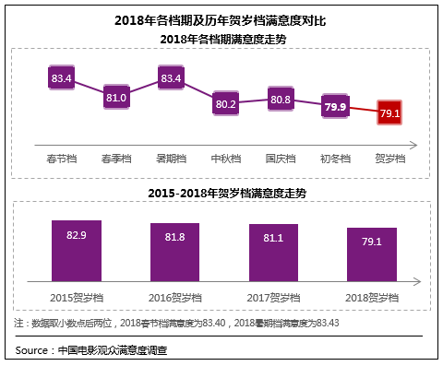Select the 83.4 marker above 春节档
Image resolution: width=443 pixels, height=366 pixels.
pos(62,78)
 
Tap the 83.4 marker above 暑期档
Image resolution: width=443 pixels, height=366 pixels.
pos(171,78)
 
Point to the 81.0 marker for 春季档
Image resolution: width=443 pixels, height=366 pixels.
pos(116,97)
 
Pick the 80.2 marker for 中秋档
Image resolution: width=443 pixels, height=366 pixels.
pos(226,104)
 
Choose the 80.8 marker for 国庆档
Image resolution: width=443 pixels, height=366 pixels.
pos(281,100)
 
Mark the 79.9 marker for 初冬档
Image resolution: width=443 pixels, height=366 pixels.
pos(336,108)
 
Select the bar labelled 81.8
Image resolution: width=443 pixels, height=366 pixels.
pos(175,254)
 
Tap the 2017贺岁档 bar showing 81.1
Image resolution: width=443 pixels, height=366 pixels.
pos(274,255)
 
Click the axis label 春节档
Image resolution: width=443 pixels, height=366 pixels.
pos(62,159)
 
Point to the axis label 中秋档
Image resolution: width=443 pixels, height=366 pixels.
pos(226,159)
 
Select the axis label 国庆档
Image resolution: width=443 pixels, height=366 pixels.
pos(281,159)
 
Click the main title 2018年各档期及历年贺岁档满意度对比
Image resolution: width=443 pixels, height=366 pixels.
pos(221,19)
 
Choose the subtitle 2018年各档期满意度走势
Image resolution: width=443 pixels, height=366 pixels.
pos(221,38)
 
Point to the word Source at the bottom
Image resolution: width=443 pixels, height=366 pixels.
pos(33,350)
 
